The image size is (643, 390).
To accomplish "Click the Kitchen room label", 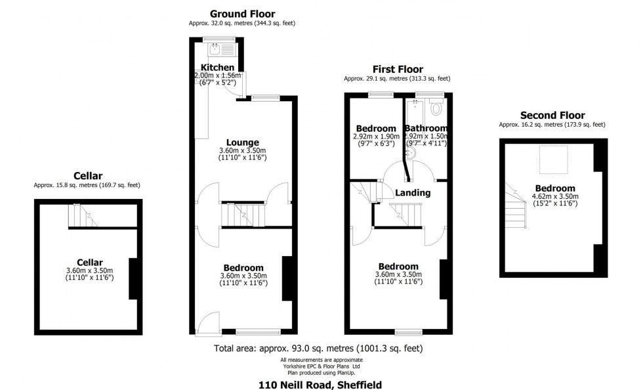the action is click(x=217, y=68).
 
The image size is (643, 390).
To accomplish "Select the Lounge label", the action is click(x=243, y=142).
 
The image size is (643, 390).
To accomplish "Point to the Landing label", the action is click(x=413, y=192).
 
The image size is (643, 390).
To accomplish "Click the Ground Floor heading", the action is click(x=242, y=14).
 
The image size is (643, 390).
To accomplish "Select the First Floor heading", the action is click(x=398, y=69).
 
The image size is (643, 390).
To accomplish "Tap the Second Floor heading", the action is click(x=552, y=116).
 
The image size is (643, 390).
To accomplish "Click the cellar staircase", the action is click(x=83, y=215).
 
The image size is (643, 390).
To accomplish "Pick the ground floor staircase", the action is click(x=243, y=215).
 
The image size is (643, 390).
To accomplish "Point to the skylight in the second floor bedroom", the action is click(x=553, y=160).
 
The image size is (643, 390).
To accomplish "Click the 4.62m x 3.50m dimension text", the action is click(x=555, y=196).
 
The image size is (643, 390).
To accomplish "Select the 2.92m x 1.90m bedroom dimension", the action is click(x=376, y=137).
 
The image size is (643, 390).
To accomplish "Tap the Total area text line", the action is click(x=318, y=349).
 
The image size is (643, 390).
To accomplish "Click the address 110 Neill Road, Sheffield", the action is click(x=320, y=385).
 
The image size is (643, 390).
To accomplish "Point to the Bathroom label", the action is click(x=426, y=128).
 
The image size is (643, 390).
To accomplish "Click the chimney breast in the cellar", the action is click(x=133, y=279).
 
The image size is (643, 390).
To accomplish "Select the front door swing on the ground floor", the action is click(x=209, y=322).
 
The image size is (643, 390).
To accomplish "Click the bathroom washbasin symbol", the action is click(x=411, y=153).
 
